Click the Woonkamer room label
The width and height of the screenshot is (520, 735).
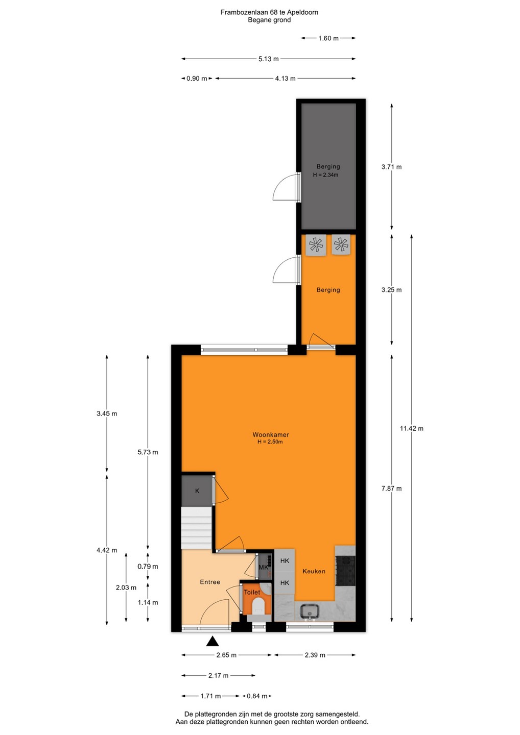click(x=271, y=434)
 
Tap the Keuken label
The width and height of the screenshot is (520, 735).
click(x=314, y=571)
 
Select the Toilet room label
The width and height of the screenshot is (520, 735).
click(x=252, y=592)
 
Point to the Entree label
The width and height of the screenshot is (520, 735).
click(x=210, y=582)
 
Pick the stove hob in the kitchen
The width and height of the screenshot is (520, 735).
click(x=345, y=571)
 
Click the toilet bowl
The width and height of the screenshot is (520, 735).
click(x=258, y=606)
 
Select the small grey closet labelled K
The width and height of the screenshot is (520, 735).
click(x=197, y=491)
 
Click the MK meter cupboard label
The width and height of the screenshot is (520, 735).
click(x=263, y=568)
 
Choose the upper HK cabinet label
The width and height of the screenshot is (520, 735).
click(x=285, y=561)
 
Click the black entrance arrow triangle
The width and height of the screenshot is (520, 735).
click(x=212, y=641)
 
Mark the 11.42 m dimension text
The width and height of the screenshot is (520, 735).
click(x=411, y=428)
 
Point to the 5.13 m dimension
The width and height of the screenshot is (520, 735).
click(x=269, y=59)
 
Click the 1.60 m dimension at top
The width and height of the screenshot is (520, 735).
click(x=328, y=38)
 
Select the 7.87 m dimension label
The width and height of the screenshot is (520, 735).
click(x=391, y=488)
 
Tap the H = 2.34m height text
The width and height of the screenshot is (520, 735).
click(x=325, y=175)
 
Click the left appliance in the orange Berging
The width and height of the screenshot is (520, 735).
click(x=316, y=245)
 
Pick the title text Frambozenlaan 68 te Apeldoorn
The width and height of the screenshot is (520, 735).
click(x=269, y=12)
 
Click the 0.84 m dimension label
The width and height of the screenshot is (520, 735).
click(x=257, y=696)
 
